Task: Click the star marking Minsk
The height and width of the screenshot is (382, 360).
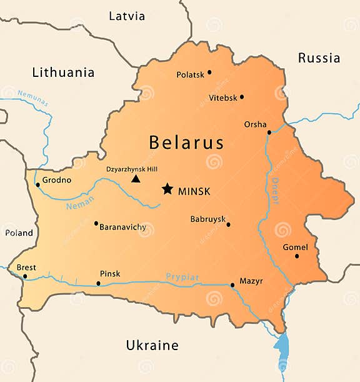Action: pos(167,188)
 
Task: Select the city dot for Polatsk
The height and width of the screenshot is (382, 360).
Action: pos(209,72)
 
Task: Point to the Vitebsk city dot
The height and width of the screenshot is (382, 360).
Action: pos(242,97)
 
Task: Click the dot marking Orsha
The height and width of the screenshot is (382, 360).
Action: pos(269,132)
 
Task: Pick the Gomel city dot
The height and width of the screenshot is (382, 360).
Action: pos(297,256)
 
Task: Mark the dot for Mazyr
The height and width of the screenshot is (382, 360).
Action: pos(232,285)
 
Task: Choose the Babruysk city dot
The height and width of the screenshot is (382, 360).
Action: pos(228,224)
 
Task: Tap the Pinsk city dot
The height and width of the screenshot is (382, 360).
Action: pos(98,283)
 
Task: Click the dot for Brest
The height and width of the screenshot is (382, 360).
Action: pos(25,276)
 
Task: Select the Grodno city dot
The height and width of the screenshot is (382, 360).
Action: pos(37,184)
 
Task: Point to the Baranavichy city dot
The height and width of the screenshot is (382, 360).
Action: pos(96,223)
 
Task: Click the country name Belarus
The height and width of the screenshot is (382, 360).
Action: pos(186,143)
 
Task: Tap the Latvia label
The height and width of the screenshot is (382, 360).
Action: pos(127,16)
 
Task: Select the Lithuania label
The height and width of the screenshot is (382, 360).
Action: pos(63,73)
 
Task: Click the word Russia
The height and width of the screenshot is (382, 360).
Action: pos(319,58)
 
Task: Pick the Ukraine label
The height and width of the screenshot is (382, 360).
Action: pos(152,345)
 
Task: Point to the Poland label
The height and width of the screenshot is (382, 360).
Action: pos(19,233)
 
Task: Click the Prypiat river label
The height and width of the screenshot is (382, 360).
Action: pos(182,276)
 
